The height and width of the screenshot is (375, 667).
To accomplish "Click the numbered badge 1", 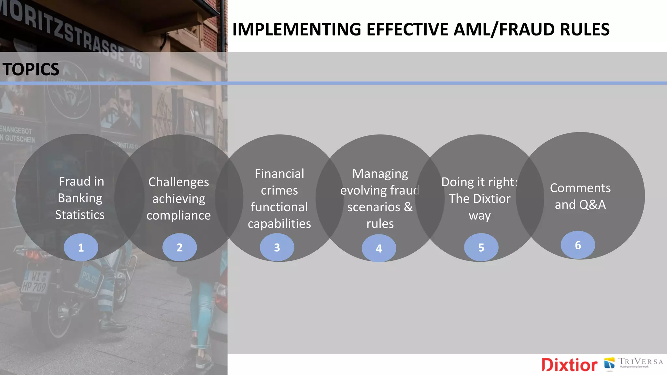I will [81, 247].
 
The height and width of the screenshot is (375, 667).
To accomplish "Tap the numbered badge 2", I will [179, 247].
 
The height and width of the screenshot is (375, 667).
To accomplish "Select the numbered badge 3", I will [277, 247].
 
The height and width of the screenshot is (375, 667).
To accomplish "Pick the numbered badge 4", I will [379, 248].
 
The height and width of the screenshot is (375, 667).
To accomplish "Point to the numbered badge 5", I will [481, 247].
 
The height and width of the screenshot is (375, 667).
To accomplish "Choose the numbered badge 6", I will [578, 245].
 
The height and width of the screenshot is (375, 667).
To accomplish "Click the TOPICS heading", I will [31, 69].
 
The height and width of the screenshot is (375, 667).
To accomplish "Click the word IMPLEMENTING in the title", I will [297, 29].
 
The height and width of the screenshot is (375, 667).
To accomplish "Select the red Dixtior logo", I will [569, 365].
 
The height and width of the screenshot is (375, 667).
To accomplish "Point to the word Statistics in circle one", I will [80, 215].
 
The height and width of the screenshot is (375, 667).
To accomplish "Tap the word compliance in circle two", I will [178, 215].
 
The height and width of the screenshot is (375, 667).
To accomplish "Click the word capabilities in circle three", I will [279, 224].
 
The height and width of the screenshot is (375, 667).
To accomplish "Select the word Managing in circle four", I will [380, 174].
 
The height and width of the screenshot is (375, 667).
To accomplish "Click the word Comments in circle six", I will [580, 188].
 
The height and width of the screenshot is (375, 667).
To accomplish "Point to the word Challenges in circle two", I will [178, 182].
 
